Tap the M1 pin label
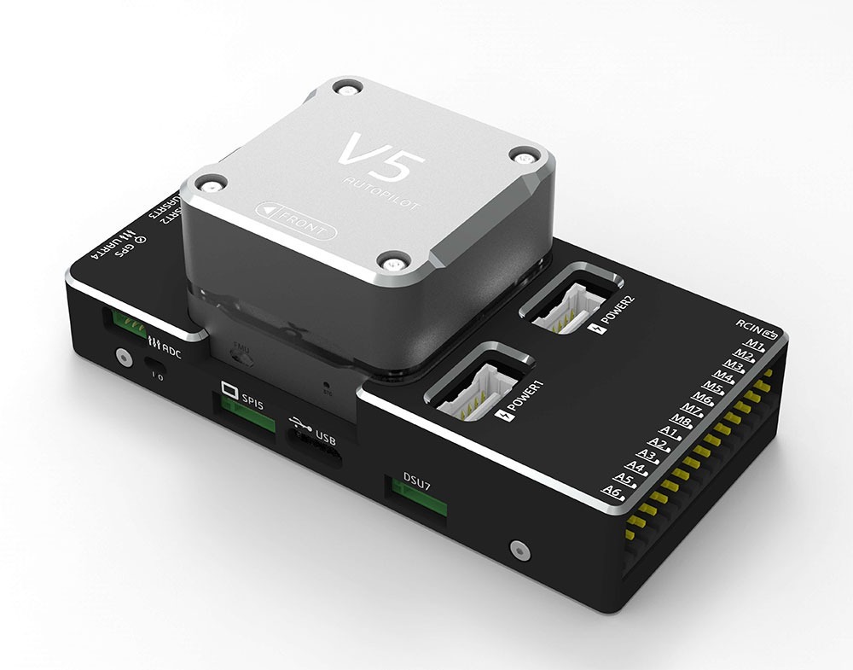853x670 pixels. click(752, 345)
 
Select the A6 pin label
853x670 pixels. click(612, 492)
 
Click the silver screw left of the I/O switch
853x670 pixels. click(122, 356)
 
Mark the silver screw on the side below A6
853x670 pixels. click(514, 548)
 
